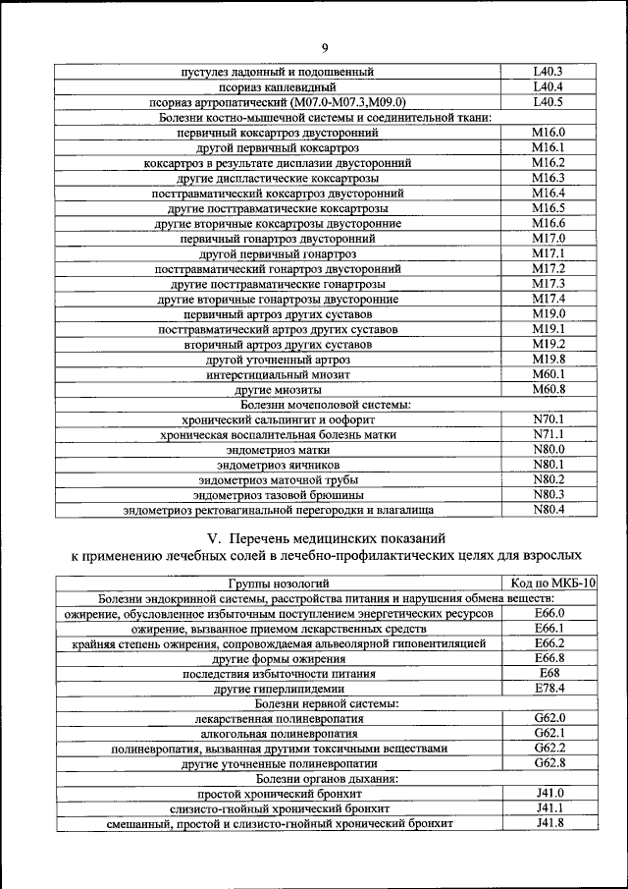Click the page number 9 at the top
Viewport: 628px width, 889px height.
(x=325, y=48)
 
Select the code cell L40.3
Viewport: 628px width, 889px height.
(x=548, y=72)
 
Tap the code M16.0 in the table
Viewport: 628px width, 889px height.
(x=549, y=132)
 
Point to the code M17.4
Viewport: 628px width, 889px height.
(x=549, y=298)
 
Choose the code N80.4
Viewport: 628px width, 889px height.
(x=549, y=509)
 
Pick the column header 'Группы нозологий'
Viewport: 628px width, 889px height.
(x=278, y=583)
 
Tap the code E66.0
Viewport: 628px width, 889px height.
(x=549, y=612)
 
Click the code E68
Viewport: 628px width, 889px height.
(x=549, y=673)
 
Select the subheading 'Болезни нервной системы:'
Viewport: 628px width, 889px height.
(x=326, y=703)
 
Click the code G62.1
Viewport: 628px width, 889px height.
(x=549, y=733)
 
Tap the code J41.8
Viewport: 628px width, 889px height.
(x=549, y=822)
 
